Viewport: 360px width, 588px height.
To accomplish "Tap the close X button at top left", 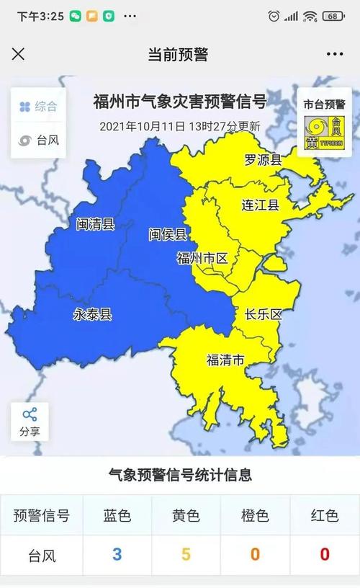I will click(19, 54).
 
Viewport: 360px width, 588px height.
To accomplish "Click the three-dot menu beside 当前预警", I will click(335, 54).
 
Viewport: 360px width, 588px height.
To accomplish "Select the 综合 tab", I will click(38, 107).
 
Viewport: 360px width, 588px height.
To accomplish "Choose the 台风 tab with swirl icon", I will click(38, 140).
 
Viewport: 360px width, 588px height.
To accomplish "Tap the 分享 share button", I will click(30, 422).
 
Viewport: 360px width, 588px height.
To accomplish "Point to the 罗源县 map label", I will click(262, 160).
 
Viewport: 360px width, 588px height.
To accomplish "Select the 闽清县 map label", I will click(95, 224).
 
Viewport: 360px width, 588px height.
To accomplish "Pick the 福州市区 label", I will click(202, 258).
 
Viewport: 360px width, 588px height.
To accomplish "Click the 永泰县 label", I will click(92, 313).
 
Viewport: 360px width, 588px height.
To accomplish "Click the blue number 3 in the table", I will click(117, 555).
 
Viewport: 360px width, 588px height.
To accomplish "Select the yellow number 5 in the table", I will click(186, 555).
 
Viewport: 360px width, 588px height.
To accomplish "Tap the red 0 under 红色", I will click(325, 555).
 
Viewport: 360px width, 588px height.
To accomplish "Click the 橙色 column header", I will click(255, 516).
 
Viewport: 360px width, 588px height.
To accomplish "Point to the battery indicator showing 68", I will click(333, 16).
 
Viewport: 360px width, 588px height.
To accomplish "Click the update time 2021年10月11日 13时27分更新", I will click(180, 126).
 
